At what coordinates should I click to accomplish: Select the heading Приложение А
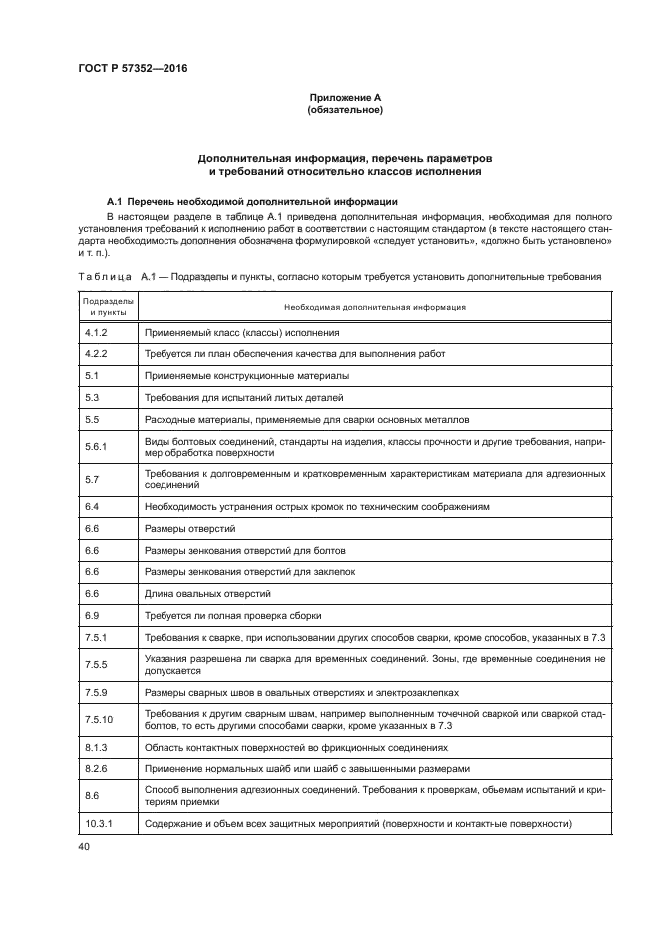345,97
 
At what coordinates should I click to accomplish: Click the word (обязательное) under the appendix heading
345,110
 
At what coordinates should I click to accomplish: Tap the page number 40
85,846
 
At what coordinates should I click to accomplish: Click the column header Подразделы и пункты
109,306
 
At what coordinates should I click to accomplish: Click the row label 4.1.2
97,332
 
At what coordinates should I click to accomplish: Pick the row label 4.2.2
97,353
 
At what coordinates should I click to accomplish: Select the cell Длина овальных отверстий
206,593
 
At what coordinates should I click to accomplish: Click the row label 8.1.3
97,746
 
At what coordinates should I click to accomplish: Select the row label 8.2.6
97,768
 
